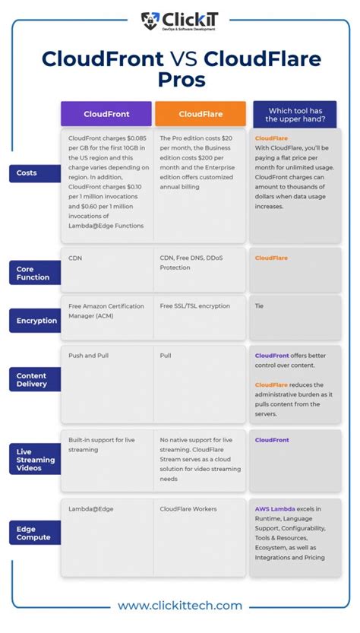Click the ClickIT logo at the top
[x=179, y=21]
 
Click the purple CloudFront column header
[x=106, y=114]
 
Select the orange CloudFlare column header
[x=201, y=114]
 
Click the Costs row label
[x=27, y=173]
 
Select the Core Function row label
[x=33, y=273]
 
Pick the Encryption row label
[x=36, y=321]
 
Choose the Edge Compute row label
[x=33, y=533]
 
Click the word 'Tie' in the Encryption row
[x=259, y=305]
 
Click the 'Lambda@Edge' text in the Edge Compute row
[x=90, y=508]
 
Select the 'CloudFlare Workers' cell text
[x=188, y=508]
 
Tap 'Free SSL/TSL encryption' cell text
[x=194, y=305]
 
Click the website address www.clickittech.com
[x=180, y=606]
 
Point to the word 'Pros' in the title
[x=180, y=80]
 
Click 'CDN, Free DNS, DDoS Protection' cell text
[x=191, y=262]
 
